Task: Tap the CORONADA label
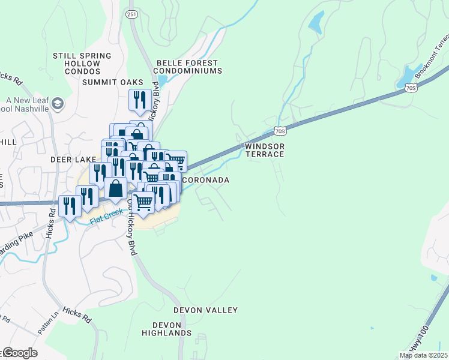click(205, 180)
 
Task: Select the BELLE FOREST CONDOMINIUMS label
click(189, 66)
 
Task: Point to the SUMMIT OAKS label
click(113, 82)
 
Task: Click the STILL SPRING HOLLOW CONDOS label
click(82, 64)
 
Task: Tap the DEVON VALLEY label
click(205, 310)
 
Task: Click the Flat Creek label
click(106, 217)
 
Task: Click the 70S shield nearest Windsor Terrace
click(279, 130)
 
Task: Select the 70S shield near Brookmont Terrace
click(411, 88)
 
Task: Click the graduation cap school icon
click(58, 103)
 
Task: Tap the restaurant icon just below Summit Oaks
click(139, 100)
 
